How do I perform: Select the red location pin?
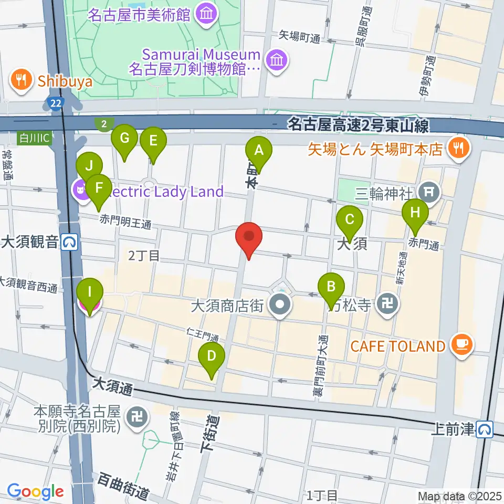pyautogui.click(x=249, y=239)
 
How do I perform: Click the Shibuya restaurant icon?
pyautogui.click(x=21, y=80)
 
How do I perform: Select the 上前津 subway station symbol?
pyautogui.click(x=485, y=429)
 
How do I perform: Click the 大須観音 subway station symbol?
pyautogui.click(x=69, y=242)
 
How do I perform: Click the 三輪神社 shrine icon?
pyautogui.click(x=430, y=193)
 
